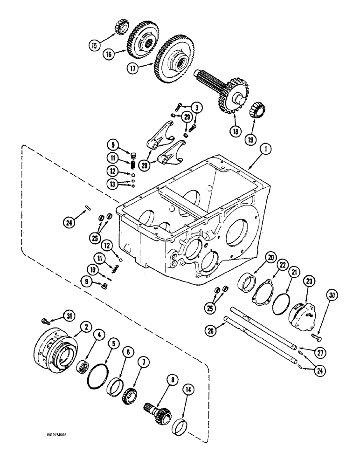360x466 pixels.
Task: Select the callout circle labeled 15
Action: [95, 45]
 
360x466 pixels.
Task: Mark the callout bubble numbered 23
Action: [309, 281]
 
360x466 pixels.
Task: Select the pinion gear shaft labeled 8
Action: [158, 408]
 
